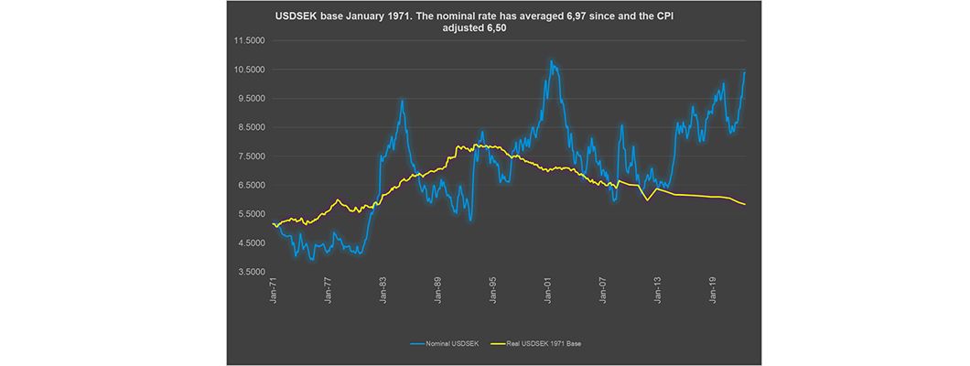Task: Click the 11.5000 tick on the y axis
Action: tap(250, 40)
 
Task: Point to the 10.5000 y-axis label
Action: tap(250, 70)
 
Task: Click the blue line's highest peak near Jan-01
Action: tap(551, 62)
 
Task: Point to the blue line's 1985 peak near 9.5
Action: tap(402, 101)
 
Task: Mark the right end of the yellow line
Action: tap(745, 204)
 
